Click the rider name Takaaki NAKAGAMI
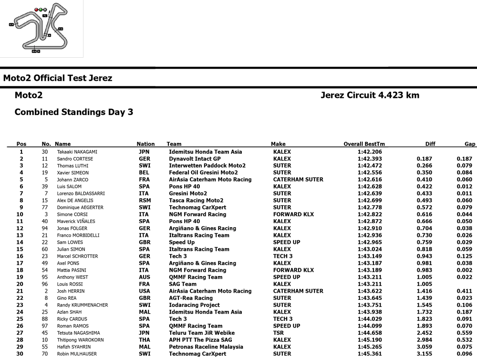[78, 152]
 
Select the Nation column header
[145, 144]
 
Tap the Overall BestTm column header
[364, 144]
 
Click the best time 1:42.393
[371, 159]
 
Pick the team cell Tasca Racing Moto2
[196, 201]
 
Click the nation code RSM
[145, 201]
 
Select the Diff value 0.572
[425, 208]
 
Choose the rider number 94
[45, 228]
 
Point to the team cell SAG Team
[183, 284]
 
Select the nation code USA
[144, 291]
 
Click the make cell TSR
[279, 333]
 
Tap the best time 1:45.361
[371, 354]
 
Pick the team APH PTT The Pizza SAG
[201, 340]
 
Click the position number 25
[20, 319]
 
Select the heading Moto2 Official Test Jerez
[58, 78]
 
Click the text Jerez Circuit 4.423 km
[370, 95]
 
